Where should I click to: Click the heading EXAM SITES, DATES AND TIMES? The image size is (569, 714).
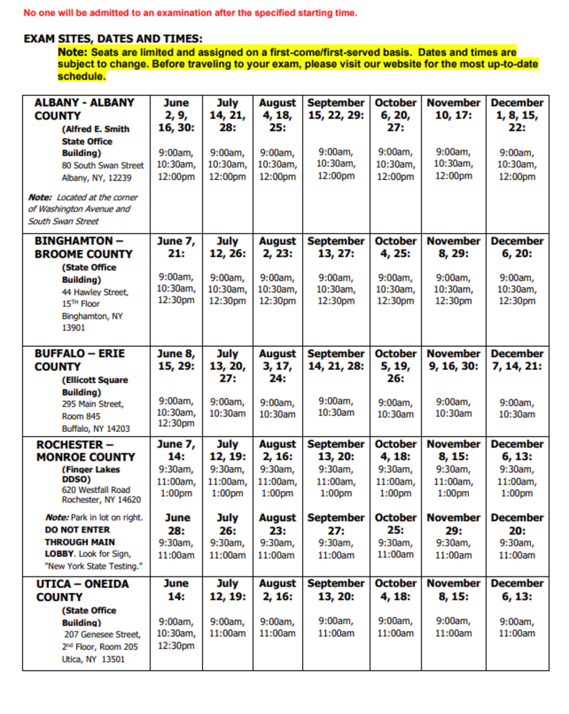coord(113,39)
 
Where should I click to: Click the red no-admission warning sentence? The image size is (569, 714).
coord(190,13)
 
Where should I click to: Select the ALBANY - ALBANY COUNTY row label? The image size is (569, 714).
coord(84,109)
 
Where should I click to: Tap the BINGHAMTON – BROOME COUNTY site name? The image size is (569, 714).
coord(83,247)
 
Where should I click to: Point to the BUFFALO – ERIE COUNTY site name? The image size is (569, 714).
coord(79,360)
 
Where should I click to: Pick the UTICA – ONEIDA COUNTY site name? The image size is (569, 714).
coord(83,589)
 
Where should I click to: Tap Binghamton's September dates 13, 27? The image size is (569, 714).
coord(336,253)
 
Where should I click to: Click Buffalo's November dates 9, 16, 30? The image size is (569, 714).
coord(453,366)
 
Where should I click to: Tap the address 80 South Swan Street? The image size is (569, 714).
coord(103,166)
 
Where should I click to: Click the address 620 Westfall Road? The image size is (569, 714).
coord(96,489)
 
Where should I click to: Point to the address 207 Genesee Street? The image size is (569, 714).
coord(102,634)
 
